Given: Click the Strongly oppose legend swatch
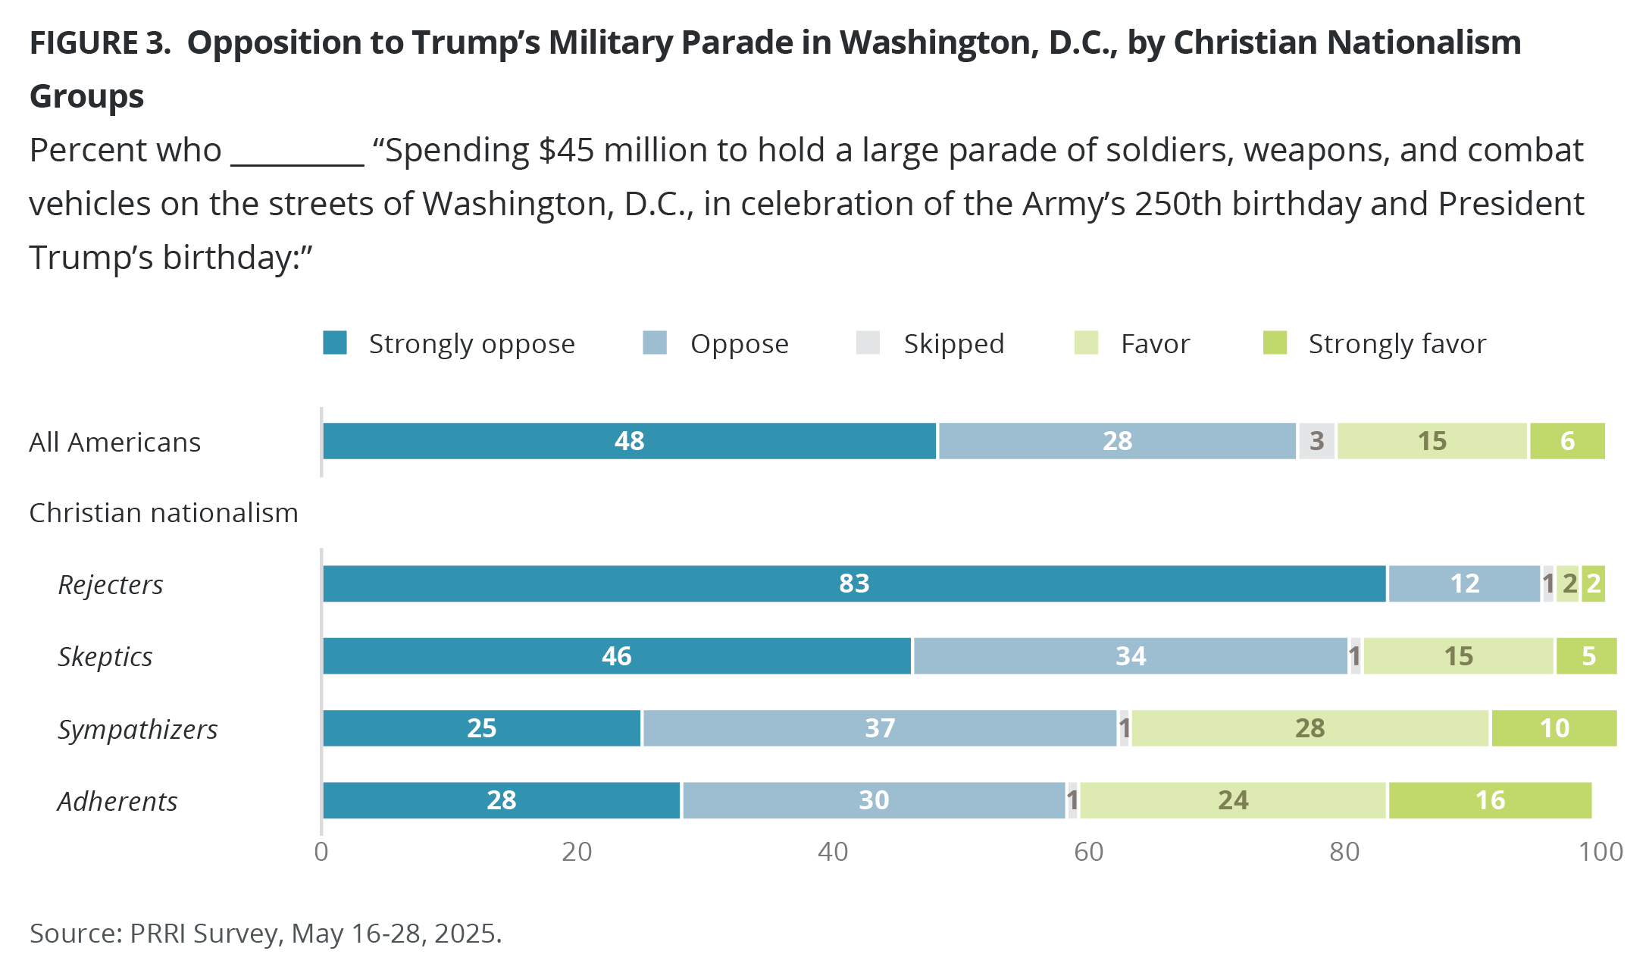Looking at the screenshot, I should [335, 343].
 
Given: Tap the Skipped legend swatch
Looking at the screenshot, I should [868, 343].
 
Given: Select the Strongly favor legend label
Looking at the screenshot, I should [1397, 344].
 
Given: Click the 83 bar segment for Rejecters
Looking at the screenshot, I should [854, 583].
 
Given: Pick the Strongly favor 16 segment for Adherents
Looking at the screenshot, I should [1490, 800].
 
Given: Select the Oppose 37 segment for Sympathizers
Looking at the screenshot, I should [879, 728].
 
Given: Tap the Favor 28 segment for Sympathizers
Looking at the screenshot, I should [1309, 728].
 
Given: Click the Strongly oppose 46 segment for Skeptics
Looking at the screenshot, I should [617, 656].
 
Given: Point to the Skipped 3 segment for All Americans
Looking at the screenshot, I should [1316, 441].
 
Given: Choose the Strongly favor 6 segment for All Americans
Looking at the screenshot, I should [1567, 441].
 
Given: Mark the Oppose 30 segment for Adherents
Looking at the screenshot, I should [873, 800].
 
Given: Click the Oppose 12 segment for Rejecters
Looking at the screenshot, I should [1464, 583].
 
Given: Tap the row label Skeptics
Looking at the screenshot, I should [105, 657].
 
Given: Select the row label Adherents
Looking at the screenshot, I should [117, 802].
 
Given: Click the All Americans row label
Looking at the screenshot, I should [115, 443].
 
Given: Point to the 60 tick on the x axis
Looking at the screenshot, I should [1088, 852].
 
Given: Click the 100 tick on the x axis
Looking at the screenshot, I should [1600, 852].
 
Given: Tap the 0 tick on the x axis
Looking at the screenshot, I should [321, 852].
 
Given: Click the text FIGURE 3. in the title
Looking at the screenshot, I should [100, 43].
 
